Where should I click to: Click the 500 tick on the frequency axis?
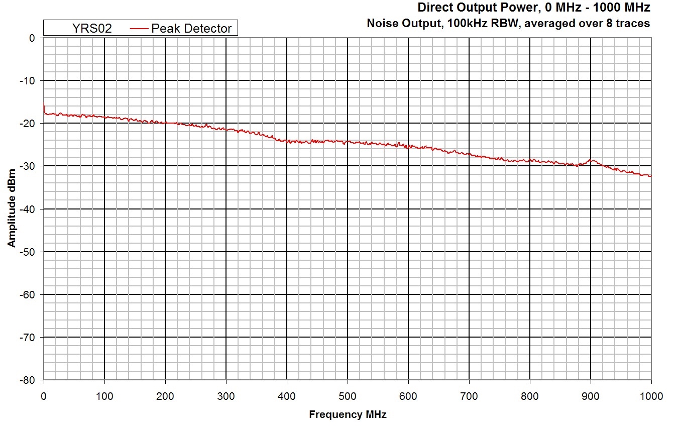tap(348, 396)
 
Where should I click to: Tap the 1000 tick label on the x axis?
tap(651, 396)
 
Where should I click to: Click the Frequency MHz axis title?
tap(348, 414)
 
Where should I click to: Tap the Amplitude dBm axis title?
tap(12, 208)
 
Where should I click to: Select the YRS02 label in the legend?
tap(92, 29)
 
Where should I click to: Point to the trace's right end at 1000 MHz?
tap(651, 176)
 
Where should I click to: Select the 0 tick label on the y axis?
tap(32, 38)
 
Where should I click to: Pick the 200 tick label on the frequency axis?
tap(165, 396)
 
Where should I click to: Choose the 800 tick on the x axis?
tap(530, 396)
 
